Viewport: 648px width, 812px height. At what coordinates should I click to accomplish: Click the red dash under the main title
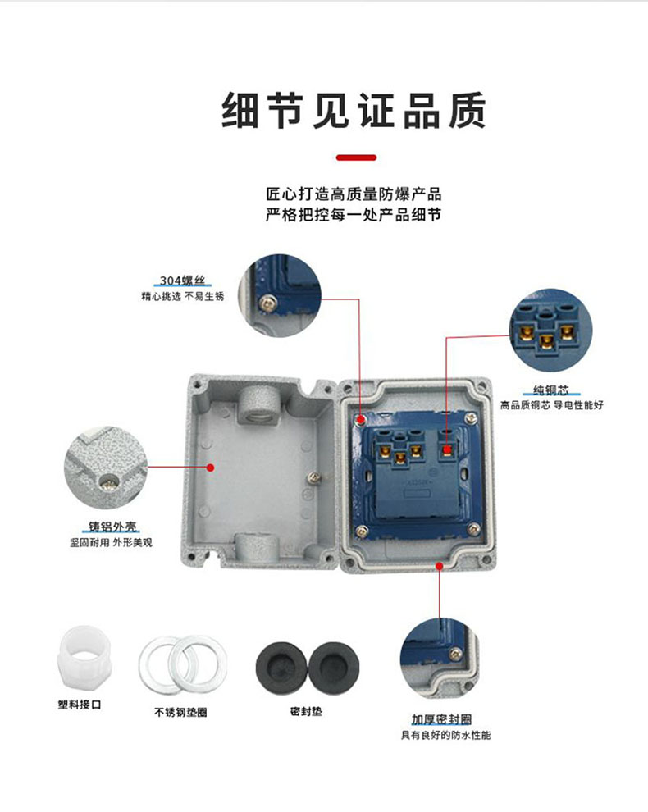click(x=356, y=157)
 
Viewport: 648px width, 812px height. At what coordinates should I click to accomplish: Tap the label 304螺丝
click(x=182, y=281)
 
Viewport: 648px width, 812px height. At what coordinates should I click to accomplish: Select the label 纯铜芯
click(x=551, y=390)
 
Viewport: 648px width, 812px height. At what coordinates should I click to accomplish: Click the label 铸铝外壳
click(x=112, y=527)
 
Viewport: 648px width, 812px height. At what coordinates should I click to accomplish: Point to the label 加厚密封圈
click(x=441, y=719)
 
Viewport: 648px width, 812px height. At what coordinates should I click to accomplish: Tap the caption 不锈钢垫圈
click(x=180, y=713)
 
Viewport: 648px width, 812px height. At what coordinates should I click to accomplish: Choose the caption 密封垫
click(x=306, y=712)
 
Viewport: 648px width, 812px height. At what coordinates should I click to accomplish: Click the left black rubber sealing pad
click(x=281, y=668)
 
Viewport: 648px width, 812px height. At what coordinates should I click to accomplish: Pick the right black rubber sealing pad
click(x=334, y=668)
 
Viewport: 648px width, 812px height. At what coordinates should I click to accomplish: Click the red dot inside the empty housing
click(x=210, y=468)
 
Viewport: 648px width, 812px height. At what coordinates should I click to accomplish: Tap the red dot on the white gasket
click(x=440, y=566)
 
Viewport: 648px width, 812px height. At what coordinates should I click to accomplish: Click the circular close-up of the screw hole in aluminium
click(x=106, y=468)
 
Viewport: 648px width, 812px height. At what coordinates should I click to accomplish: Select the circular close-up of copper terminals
click(x=551, y=331)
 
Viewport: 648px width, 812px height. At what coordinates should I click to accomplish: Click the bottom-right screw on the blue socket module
click(x=473, y=529)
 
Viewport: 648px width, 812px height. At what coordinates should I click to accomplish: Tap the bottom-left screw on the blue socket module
click(x=362, y=530)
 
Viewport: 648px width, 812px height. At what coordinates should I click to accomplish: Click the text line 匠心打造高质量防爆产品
click(x=354, y=194)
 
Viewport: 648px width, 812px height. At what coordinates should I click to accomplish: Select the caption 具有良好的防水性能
click(x=446, y=736)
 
